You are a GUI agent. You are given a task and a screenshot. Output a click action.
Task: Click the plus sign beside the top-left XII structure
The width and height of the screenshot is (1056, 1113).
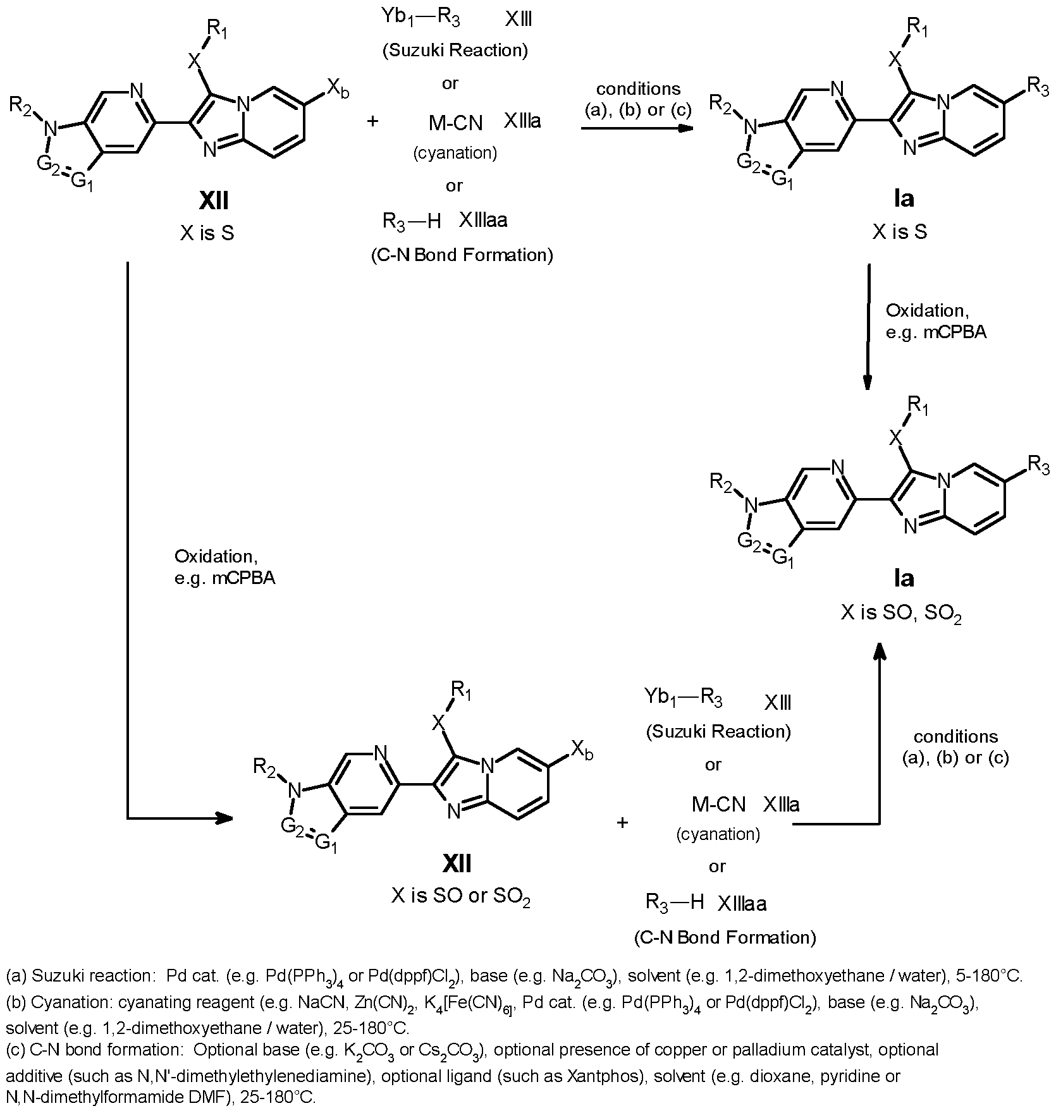tap(372, 121)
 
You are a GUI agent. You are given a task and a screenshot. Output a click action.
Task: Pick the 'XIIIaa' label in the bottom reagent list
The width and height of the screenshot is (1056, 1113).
tap(742, 904)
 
